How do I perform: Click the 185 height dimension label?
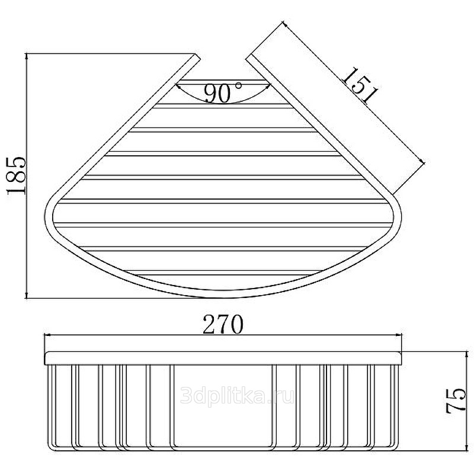click(x=17, y=175)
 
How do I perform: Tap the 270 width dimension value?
click(x=223, y=324)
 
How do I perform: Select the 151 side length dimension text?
click(x=360, y=86)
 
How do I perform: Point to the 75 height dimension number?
click(x=456, y=401)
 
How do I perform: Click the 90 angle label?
click(x=217, y=93)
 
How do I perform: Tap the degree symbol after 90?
click(x=238, y=85)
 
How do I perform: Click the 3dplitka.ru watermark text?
click(x=238, y=396)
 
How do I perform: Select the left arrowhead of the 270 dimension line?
click(x=47, y=335)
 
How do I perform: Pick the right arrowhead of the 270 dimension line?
click(x=398, y=335)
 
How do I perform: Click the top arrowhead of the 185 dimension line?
click(x=27, y=57)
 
